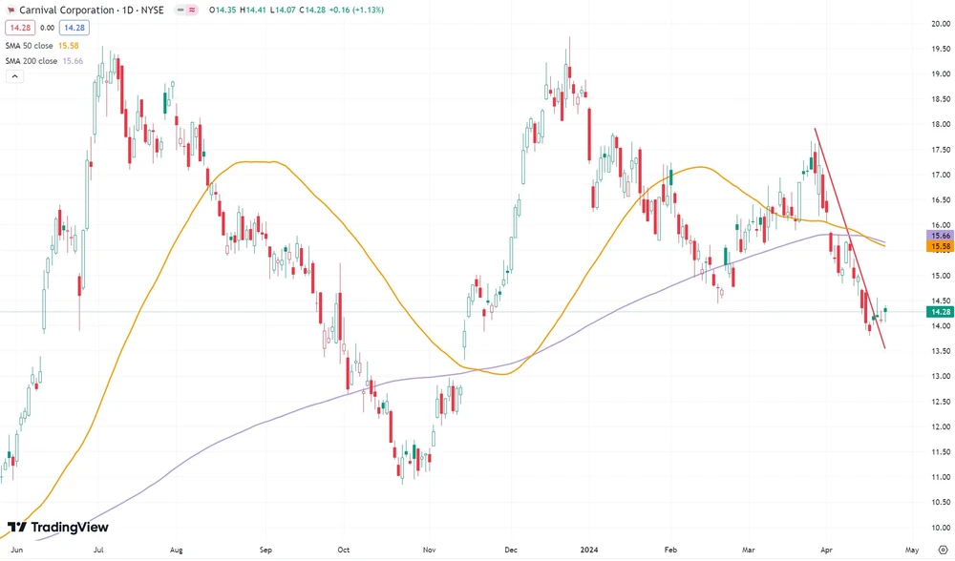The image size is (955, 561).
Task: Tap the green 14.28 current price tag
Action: tap(940, 311)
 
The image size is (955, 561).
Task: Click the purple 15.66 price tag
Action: tap(940, 235)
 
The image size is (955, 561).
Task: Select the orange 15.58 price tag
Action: tap(940, 246)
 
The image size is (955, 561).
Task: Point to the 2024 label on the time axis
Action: tap(588, 550)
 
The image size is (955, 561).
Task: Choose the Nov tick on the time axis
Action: tap(430, 550)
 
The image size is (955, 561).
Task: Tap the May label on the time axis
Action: tap(912, 550)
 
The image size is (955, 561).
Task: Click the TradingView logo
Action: tap(57, 528)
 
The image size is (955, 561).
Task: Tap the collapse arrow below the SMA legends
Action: tap(14, 77)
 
